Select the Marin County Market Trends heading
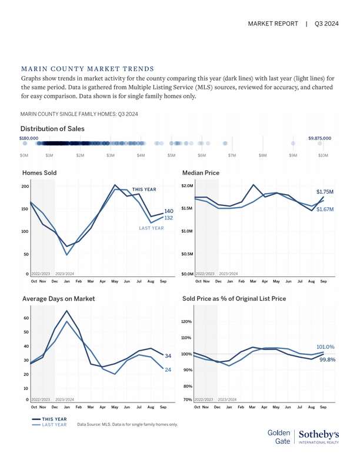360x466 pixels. click(87, 68)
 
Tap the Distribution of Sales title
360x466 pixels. click(52, 128)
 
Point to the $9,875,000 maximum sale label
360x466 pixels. click(319, 138)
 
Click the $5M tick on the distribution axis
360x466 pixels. click(171, 155)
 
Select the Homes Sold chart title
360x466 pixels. click(39, 173)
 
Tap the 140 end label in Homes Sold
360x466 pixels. click(169, 211)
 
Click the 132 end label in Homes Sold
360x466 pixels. click(168, 218)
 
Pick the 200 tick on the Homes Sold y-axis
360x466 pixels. click(25, 187)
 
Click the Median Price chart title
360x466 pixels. click(202, 173)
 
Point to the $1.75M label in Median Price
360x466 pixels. click(325, 192)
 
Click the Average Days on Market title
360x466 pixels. click(58, 299)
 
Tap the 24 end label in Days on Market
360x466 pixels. click(168, 370)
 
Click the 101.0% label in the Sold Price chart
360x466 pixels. click(325, 347)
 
